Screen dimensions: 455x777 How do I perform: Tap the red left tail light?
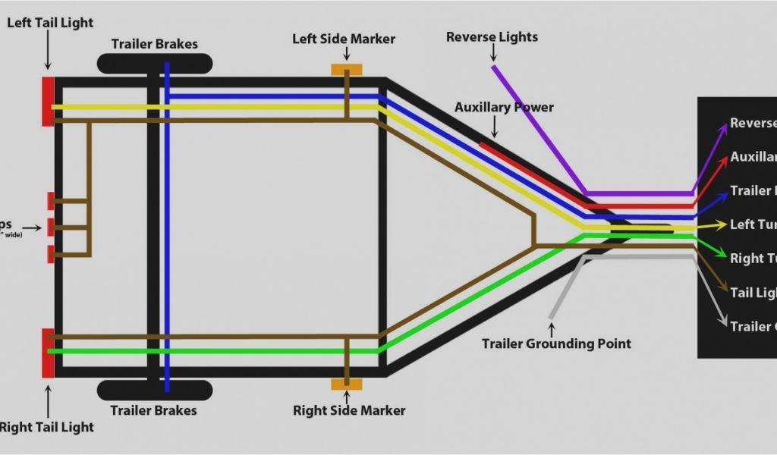(48, 101)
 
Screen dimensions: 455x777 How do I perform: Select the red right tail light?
(48, 353)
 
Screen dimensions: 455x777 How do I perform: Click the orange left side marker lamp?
(346, 70)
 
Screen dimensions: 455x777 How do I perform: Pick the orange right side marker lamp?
(346, 384)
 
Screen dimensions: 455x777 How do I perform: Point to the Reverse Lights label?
(492, 37)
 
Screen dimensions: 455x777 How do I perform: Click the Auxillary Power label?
(504, 107)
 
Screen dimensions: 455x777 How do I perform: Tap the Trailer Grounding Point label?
(556, 344)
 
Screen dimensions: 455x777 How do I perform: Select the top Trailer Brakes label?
(154, 44)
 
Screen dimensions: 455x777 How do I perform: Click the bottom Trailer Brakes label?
(153, 410)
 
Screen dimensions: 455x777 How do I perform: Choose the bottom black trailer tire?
(155, 390)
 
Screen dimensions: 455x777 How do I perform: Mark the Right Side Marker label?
(349, 410)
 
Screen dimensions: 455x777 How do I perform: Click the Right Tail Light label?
(47, 427)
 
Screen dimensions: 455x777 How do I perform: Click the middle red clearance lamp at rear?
(51, 226)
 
